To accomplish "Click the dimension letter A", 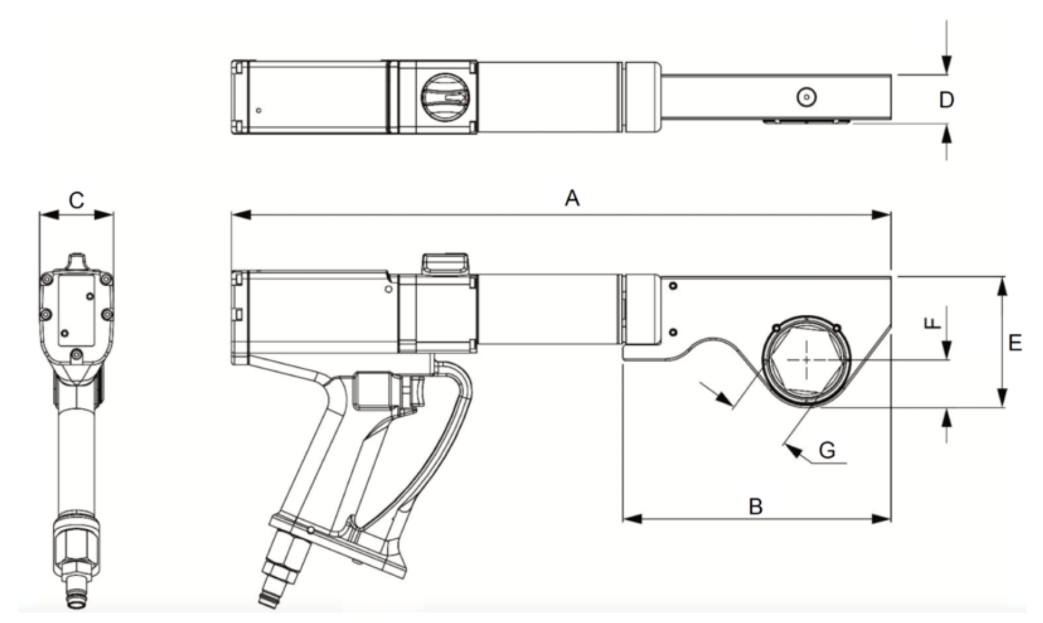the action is pyautogui.click(x=572, y=198).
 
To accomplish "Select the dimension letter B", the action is pyautogui.click(x=755, y=507).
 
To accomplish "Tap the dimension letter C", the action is pyautogui.click(x=76, y=200).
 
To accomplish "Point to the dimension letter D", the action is pyautogui.click(x=947, y=100).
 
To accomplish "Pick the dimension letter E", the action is pyautogui.click(x=1015, y=343).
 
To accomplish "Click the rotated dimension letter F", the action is pyautogui.click(x=933, y=322).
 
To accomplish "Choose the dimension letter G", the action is pyautogui.click(x=827, y=451).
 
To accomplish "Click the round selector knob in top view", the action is pyautogui.click(x=445, y=97).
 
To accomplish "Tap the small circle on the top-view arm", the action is pyautogui.click(x=806, y=97).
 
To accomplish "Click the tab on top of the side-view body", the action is pyautogui.click(x=445, y=264).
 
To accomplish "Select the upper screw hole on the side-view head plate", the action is pyautogui.click(x=674, y=287).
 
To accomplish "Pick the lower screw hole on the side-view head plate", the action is pyautogui.click(x=674, y=332).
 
